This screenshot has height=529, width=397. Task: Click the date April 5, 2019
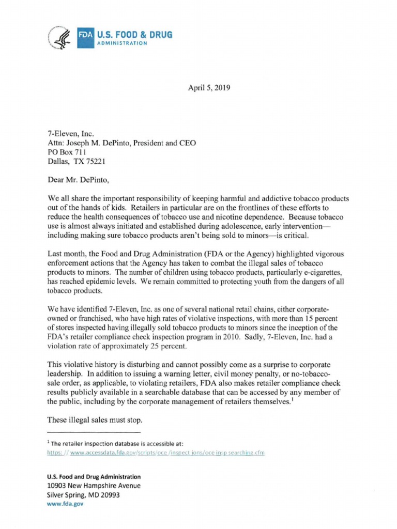209,88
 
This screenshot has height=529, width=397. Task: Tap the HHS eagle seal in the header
60,38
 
